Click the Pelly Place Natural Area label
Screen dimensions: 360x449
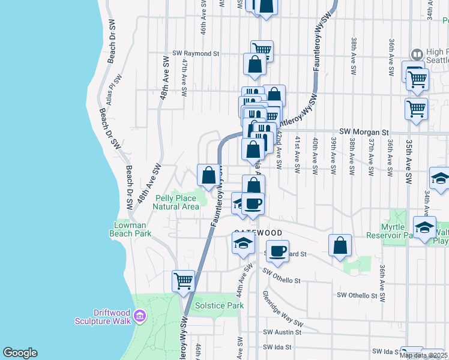tap(176, 202)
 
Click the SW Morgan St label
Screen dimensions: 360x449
tap(364, 131)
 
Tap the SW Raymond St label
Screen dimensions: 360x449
tap(196, 53)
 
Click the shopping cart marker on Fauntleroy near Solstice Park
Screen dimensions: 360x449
tap(183, 280)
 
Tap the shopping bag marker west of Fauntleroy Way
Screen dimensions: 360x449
tap(209, 175)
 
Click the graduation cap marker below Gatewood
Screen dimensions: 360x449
tap(243, 243)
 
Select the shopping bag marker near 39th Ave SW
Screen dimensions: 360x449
tap(340, 245)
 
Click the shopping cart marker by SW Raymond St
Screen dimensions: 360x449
tap(262, 50)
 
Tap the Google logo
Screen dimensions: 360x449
tap(20, 353)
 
